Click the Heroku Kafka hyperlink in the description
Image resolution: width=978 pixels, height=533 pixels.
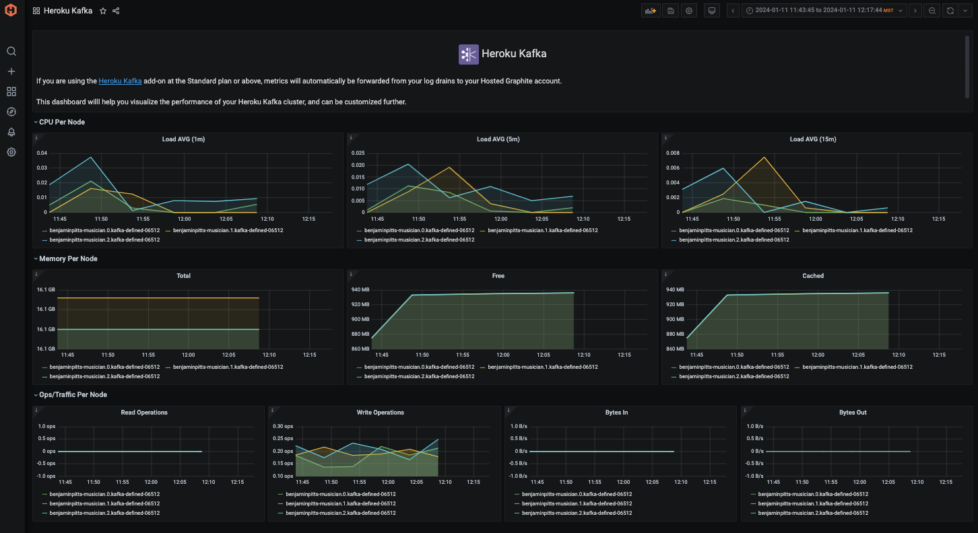pos(120,81)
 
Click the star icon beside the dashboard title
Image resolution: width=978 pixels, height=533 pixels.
pos(103,11)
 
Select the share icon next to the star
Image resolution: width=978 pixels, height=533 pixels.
pos(116,11)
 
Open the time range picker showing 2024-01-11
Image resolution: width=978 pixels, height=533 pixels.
pos(824,11)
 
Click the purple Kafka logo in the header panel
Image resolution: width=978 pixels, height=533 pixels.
pos(468,55)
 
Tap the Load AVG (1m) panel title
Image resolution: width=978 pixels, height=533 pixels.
pos(183,139)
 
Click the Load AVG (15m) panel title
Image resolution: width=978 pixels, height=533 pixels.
pos(812,139)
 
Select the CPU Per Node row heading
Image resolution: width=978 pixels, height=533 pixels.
pos(62,122)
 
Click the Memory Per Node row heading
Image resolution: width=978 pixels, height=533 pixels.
pos(68,258)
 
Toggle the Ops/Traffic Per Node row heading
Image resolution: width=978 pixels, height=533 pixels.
pos(73,394)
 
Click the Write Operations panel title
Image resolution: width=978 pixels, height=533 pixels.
pos(380,413)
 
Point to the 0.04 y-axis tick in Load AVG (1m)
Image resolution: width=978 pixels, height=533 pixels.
pos(42,153)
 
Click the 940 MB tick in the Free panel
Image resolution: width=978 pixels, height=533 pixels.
pos(360,289)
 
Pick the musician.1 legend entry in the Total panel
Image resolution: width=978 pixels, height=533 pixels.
pos(228,367)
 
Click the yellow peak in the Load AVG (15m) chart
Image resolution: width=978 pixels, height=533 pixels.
pos(764,157)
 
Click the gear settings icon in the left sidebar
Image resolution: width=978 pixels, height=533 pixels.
pos(11,152)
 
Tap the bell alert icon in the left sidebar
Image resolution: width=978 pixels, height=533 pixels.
pos(11,132)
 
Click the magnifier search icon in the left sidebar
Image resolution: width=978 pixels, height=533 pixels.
pos(11,51)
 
